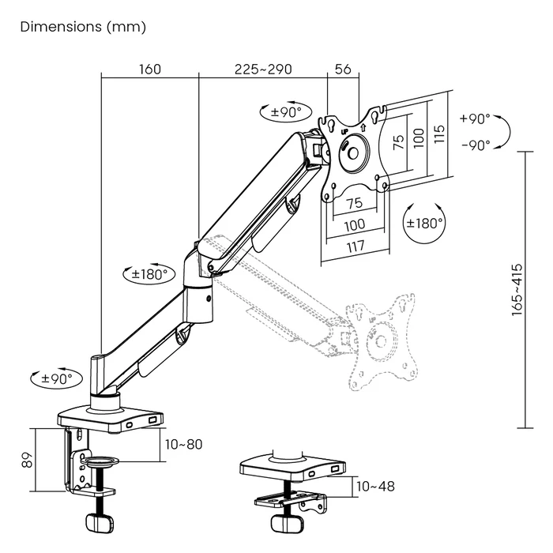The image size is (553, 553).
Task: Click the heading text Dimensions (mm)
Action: (x=83, y=27)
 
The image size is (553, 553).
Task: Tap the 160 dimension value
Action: (x=149, y=69)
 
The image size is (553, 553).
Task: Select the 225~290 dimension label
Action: (x=263, y=69)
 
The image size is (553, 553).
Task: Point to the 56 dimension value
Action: (x=343, y=69)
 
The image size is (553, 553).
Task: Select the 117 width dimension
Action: (x=355, y=246)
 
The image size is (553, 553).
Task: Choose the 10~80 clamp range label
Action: (x=185, y=444)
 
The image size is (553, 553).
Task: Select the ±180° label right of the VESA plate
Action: (x=424, y=223)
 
